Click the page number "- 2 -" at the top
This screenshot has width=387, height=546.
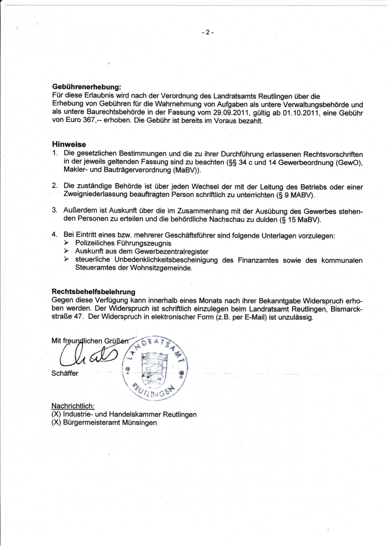207,32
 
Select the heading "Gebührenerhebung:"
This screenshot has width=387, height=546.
87,87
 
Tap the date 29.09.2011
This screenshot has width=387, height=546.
231,113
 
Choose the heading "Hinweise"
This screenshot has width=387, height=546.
69,144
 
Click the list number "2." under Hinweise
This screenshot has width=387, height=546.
55,186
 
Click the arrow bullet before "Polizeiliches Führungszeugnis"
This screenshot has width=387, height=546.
66,243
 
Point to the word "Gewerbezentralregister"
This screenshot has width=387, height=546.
171,252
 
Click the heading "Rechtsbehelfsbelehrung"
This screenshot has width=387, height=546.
93,292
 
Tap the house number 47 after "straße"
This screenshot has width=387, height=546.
78,317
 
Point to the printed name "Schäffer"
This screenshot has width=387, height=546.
65,373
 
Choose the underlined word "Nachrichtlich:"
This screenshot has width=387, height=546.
73,406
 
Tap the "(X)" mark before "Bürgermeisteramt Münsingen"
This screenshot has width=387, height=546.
56,423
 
